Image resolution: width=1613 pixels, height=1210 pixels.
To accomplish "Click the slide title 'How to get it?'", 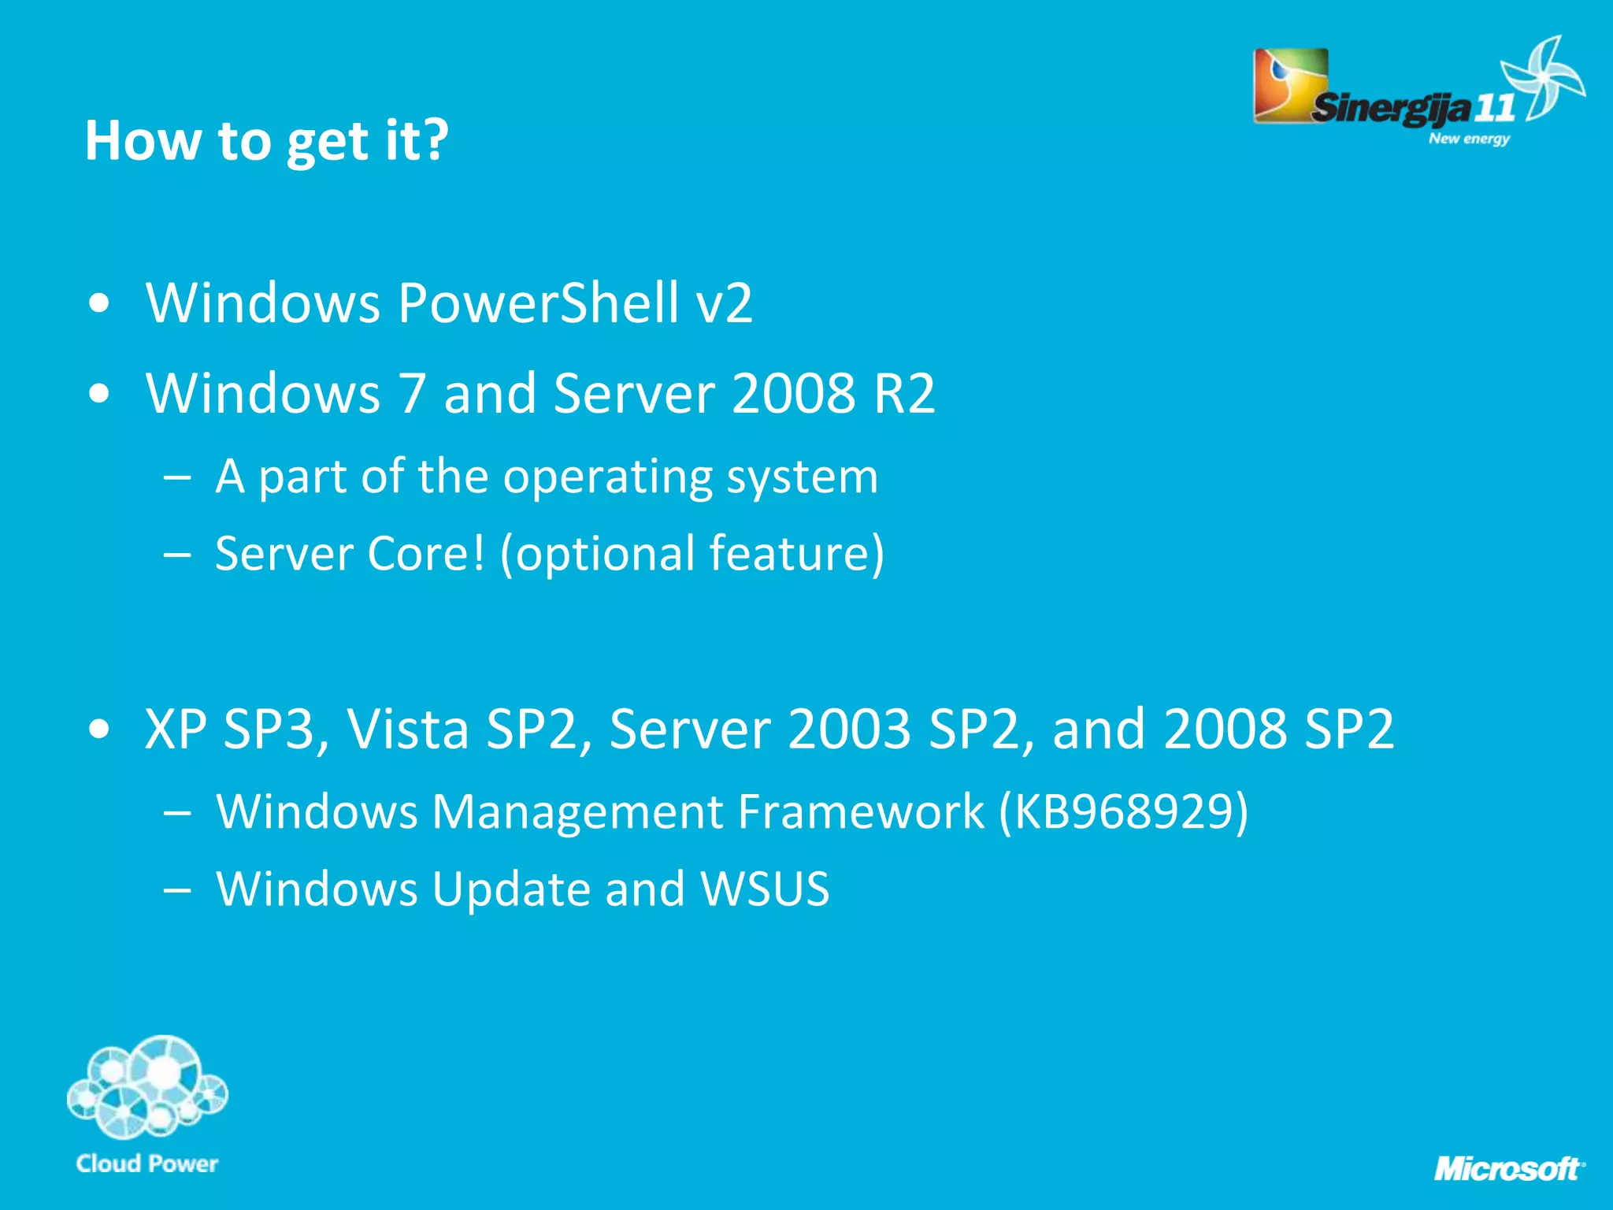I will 266,141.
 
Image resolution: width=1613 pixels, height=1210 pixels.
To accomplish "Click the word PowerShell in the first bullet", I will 538,303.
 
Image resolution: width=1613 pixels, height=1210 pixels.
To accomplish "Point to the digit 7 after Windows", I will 412,393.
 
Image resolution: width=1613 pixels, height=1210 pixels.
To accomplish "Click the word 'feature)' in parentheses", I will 796,554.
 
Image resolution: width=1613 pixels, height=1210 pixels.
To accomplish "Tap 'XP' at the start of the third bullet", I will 176,729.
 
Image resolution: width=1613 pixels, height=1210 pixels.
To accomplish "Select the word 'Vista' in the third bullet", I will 408,729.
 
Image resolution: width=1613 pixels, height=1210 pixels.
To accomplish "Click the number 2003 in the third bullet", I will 849,729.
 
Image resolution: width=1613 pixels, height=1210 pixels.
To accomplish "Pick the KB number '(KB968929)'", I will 1123,811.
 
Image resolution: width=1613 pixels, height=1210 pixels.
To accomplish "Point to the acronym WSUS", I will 765,889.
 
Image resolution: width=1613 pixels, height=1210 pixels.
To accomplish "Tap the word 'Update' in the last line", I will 510,889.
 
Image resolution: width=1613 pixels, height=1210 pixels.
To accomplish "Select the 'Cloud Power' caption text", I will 147,1164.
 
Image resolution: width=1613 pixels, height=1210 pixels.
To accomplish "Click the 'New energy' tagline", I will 1469,139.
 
